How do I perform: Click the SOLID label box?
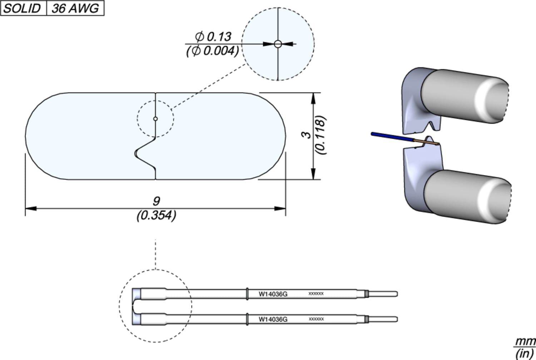(23, 8)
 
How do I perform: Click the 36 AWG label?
(75, 8)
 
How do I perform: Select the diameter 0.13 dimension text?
(213, 36)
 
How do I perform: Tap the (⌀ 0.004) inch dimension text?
(212, 51)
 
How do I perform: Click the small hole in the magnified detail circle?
(278, 44)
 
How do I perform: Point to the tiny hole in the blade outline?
(155, 119)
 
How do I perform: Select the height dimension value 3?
(306, 135)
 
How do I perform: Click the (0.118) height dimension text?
(321, 135)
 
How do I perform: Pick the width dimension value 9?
(156, 201)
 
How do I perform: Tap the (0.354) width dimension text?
(156, 215)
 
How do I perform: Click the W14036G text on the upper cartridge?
(273, 294)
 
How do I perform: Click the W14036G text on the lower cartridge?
(273, 319)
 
